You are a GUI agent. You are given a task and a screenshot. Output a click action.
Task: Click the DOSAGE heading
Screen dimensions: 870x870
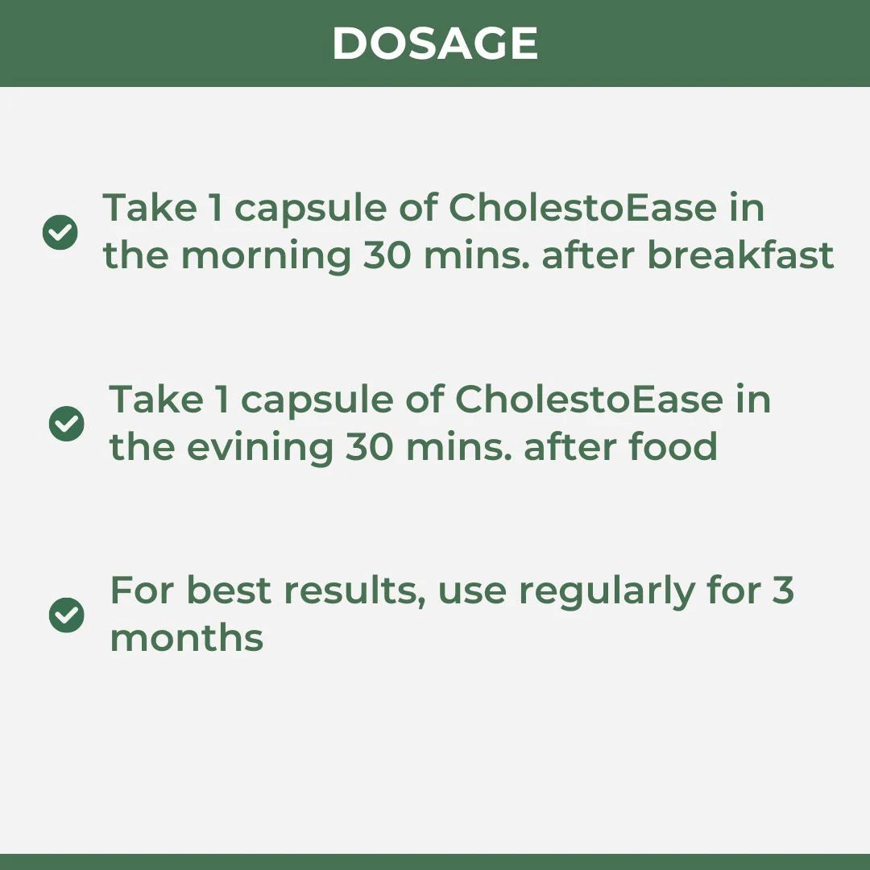435,43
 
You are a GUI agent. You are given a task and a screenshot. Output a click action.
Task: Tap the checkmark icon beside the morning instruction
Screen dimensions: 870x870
60,232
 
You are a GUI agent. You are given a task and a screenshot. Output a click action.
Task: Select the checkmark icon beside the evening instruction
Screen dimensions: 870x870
67,424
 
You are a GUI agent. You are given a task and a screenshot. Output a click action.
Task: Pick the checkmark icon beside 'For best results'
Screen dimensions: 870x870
67,615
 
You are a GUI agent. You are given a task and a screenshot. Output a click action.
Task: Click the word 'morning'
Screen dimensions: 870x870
267,257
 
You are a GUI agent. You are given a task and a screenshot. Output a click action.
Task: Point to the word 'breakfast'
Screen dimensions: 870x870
741,255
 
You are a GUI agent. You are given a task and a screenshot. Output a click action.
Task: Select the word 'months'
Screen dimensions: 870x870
186,638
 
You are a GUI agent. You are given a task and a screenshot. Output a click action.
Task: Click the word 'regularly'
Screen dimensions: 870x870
607,593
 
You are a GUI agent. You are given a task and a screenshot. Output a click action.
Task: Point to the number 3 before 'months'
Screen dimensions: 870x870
783,590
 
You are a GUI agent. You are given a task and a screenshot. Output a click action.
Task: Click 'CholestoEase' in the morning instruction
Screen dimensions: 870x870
582,208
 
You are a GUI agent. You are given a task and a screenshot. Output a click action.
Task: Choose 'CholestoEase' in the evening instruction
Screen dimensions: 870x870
589,399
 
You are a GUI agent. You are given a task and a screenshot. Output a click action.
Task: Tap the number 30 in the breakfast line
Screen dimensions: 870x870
387,256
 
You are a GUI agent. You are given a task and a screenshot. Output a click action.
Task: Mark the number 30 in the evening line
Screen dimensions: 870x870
370,447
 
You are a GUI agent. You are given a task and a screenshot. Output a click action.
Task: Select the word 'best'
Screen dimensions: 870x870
229,590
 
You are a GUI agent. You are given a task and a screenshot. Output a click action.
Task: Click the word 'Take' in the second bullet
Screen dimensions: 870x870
156,399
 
